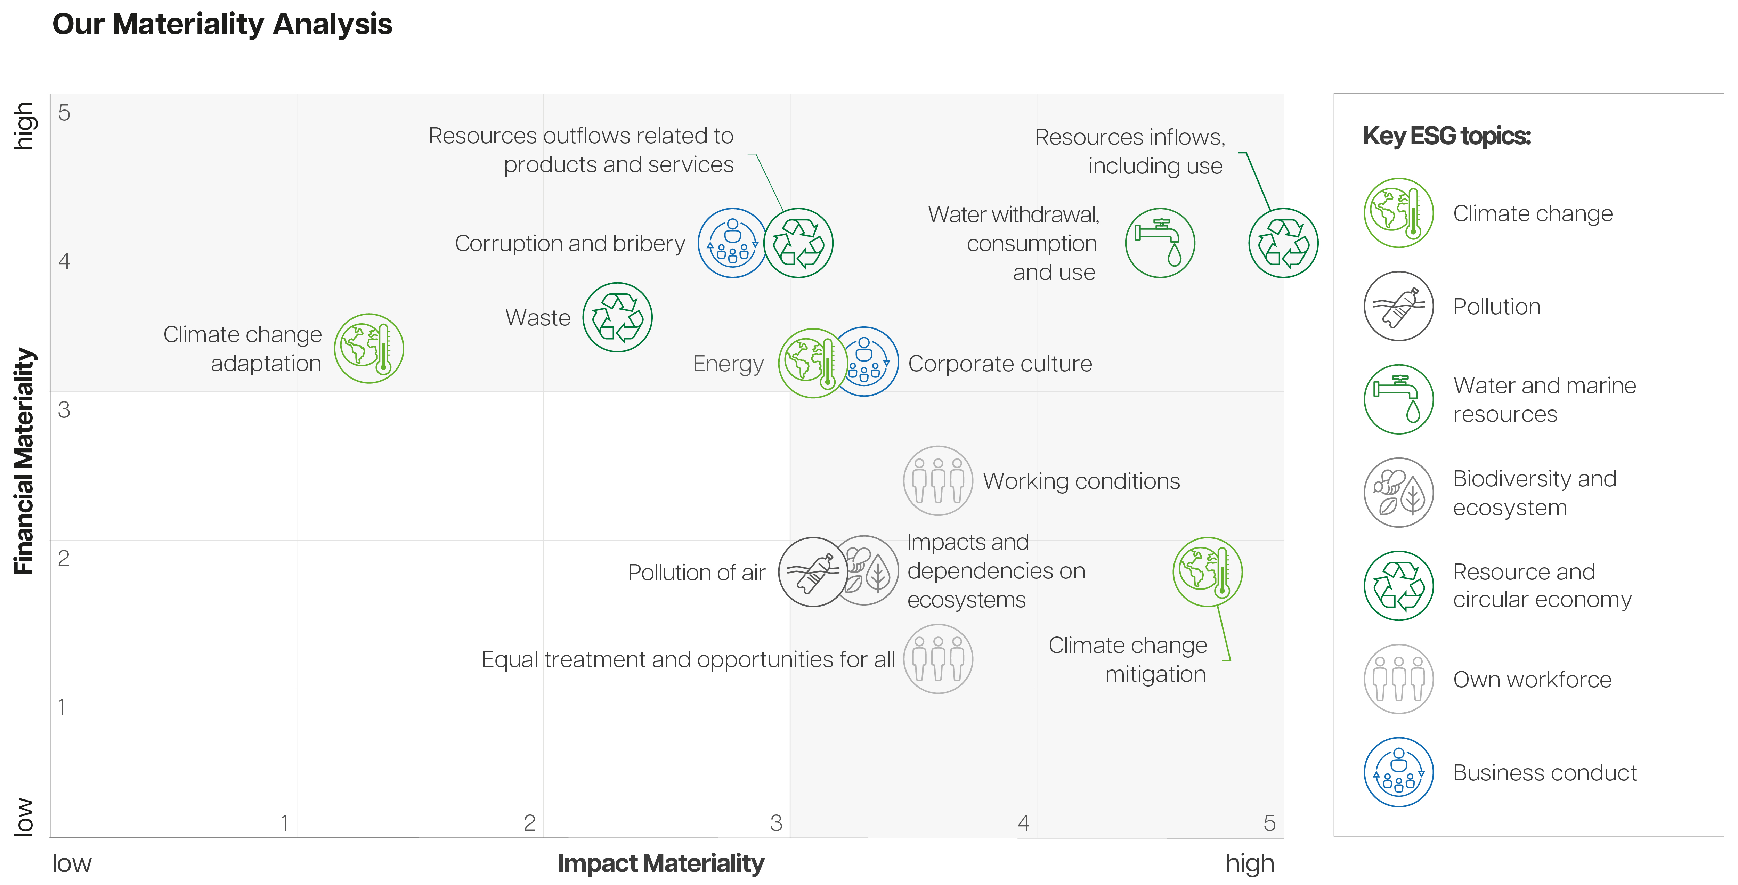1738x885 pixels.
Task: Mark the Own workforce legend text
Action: click(x=1532, y=679)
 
